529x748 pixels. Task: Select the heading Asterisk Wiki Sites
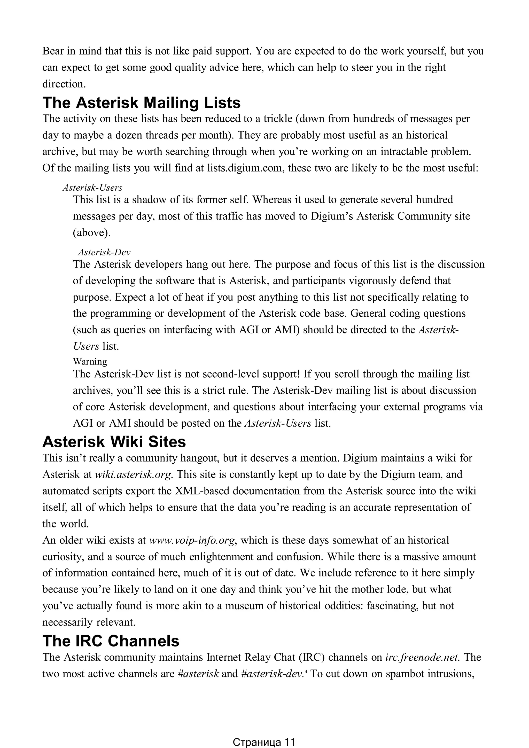[114, 442]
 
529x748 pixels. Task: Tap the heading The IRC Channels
[111, 641]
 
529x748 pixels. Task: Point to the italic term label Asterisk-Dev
[104, 252]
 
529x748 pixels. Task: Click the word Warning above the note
[90, 362]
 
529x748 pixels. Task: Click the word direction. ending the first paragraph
[64, 84]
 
